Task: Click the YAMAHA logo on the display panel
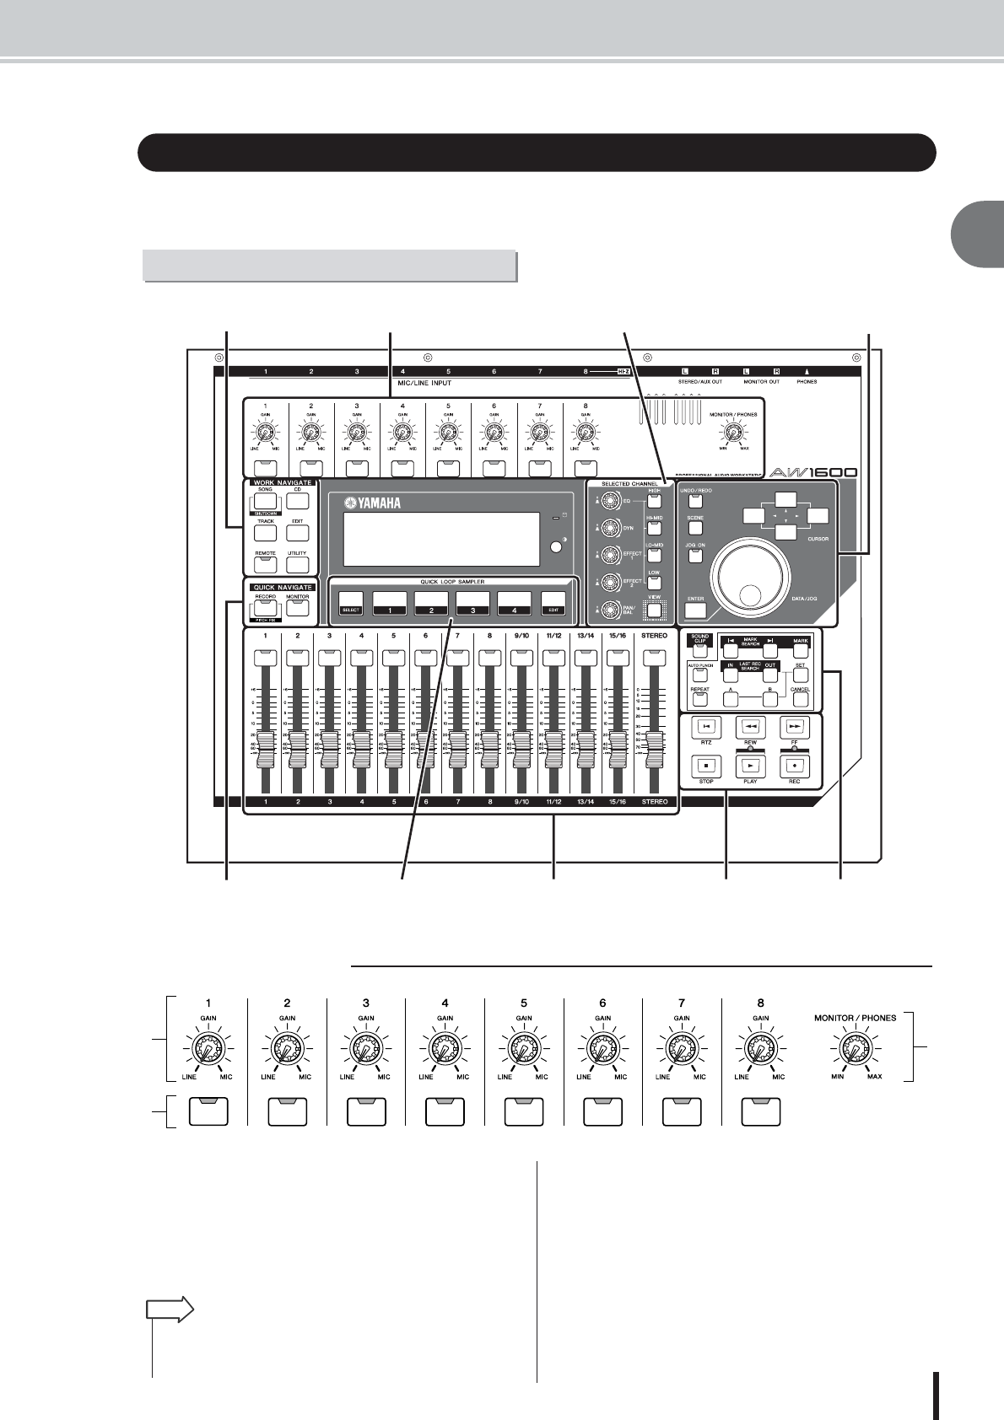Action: pos(372,504)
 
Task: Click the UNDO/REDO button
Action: pos(695,501)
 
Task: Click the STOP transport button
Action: pos(706,766)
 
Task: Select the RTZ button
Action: pos(706,725)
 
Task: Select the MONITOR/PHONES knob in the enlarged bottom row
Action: pos(856,1050)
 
